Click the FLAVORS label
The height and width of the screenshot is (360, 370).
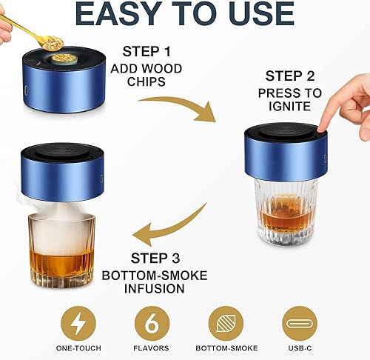(152, 347)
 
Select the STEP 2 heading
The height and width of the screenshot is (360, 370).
(290, 76)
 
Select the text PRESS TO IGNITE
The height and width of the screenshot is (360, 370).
(290, 100)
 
